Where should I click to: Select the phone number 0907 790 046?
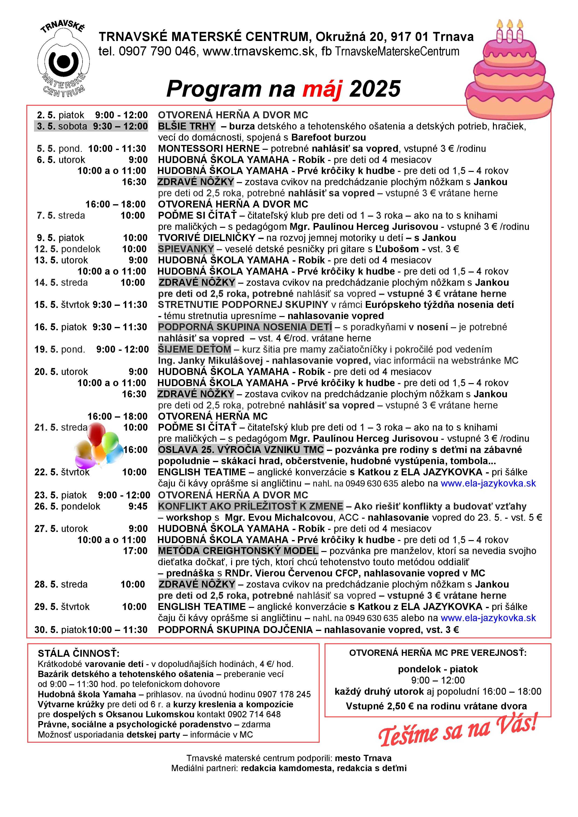tap(157, 52)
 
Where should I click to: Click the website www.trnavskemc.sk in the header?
tap(259, 52)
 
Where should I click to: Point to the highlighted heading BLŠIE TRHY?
tap(187, 126)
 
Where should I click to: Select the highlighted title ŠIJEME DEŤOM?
tap(195, 349)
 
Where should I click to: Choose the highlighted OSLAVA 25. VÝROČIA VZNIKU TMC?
tap(241, 450)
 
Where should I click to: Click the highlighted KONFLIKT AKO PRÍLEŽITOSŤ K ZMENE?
tap(251, 506)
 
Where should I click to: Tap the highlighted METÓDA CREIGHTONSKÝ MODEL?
tap(238, 551)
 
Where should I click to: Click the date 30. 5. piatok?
tap(61, 630)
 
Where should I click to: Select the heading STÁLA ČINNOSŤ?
tap(79, 654)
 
